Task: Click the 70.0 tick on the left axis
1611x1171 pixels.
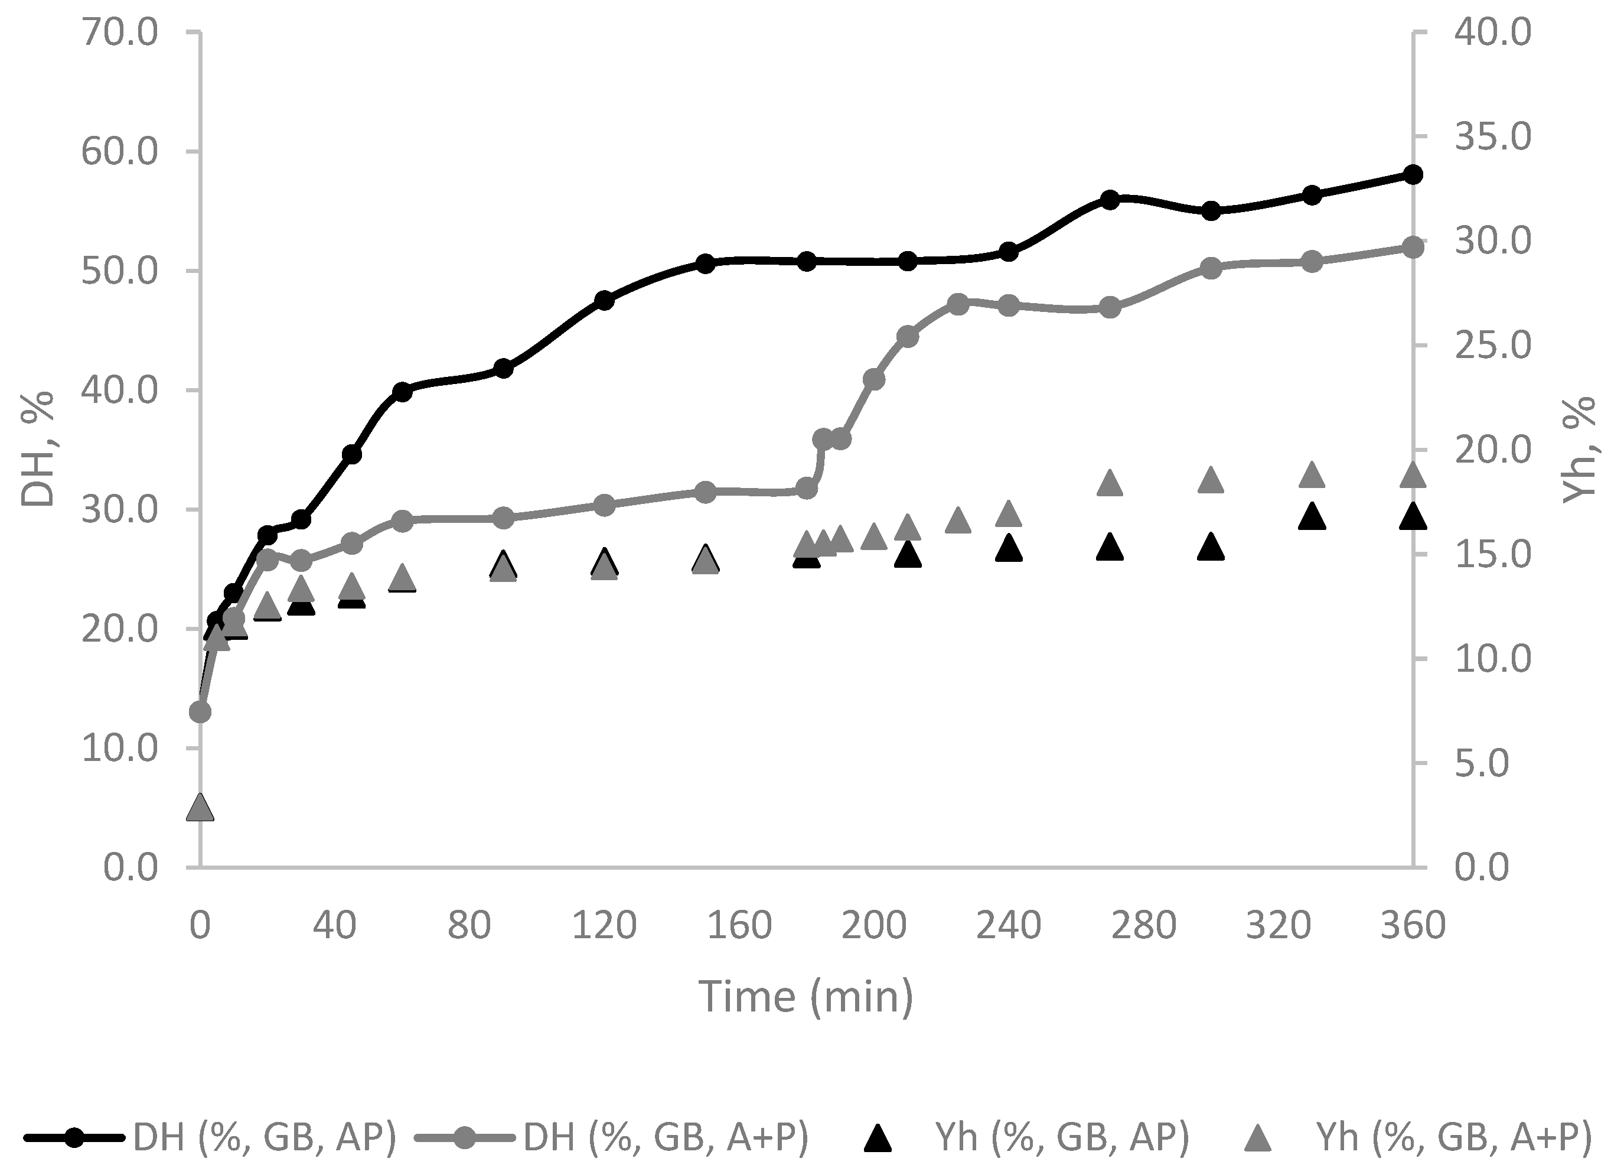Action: click(x=119, y=34)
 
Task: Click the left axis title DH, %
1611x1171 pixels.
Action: click(x=38, y=449)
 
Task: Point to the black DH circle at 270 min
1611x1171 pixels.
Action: click(x=1110, y=200)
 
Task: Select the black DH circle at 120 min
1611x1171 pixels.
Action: click(x=605, y=300)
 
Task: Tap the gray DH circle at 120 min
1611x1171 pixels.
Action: click(x=605, y=505)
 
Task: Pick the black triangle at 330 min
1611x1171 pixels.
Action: click(x=1312, y=518)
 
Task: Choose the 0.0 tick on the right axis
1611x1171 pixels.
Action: click(x=1482, y=867)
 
